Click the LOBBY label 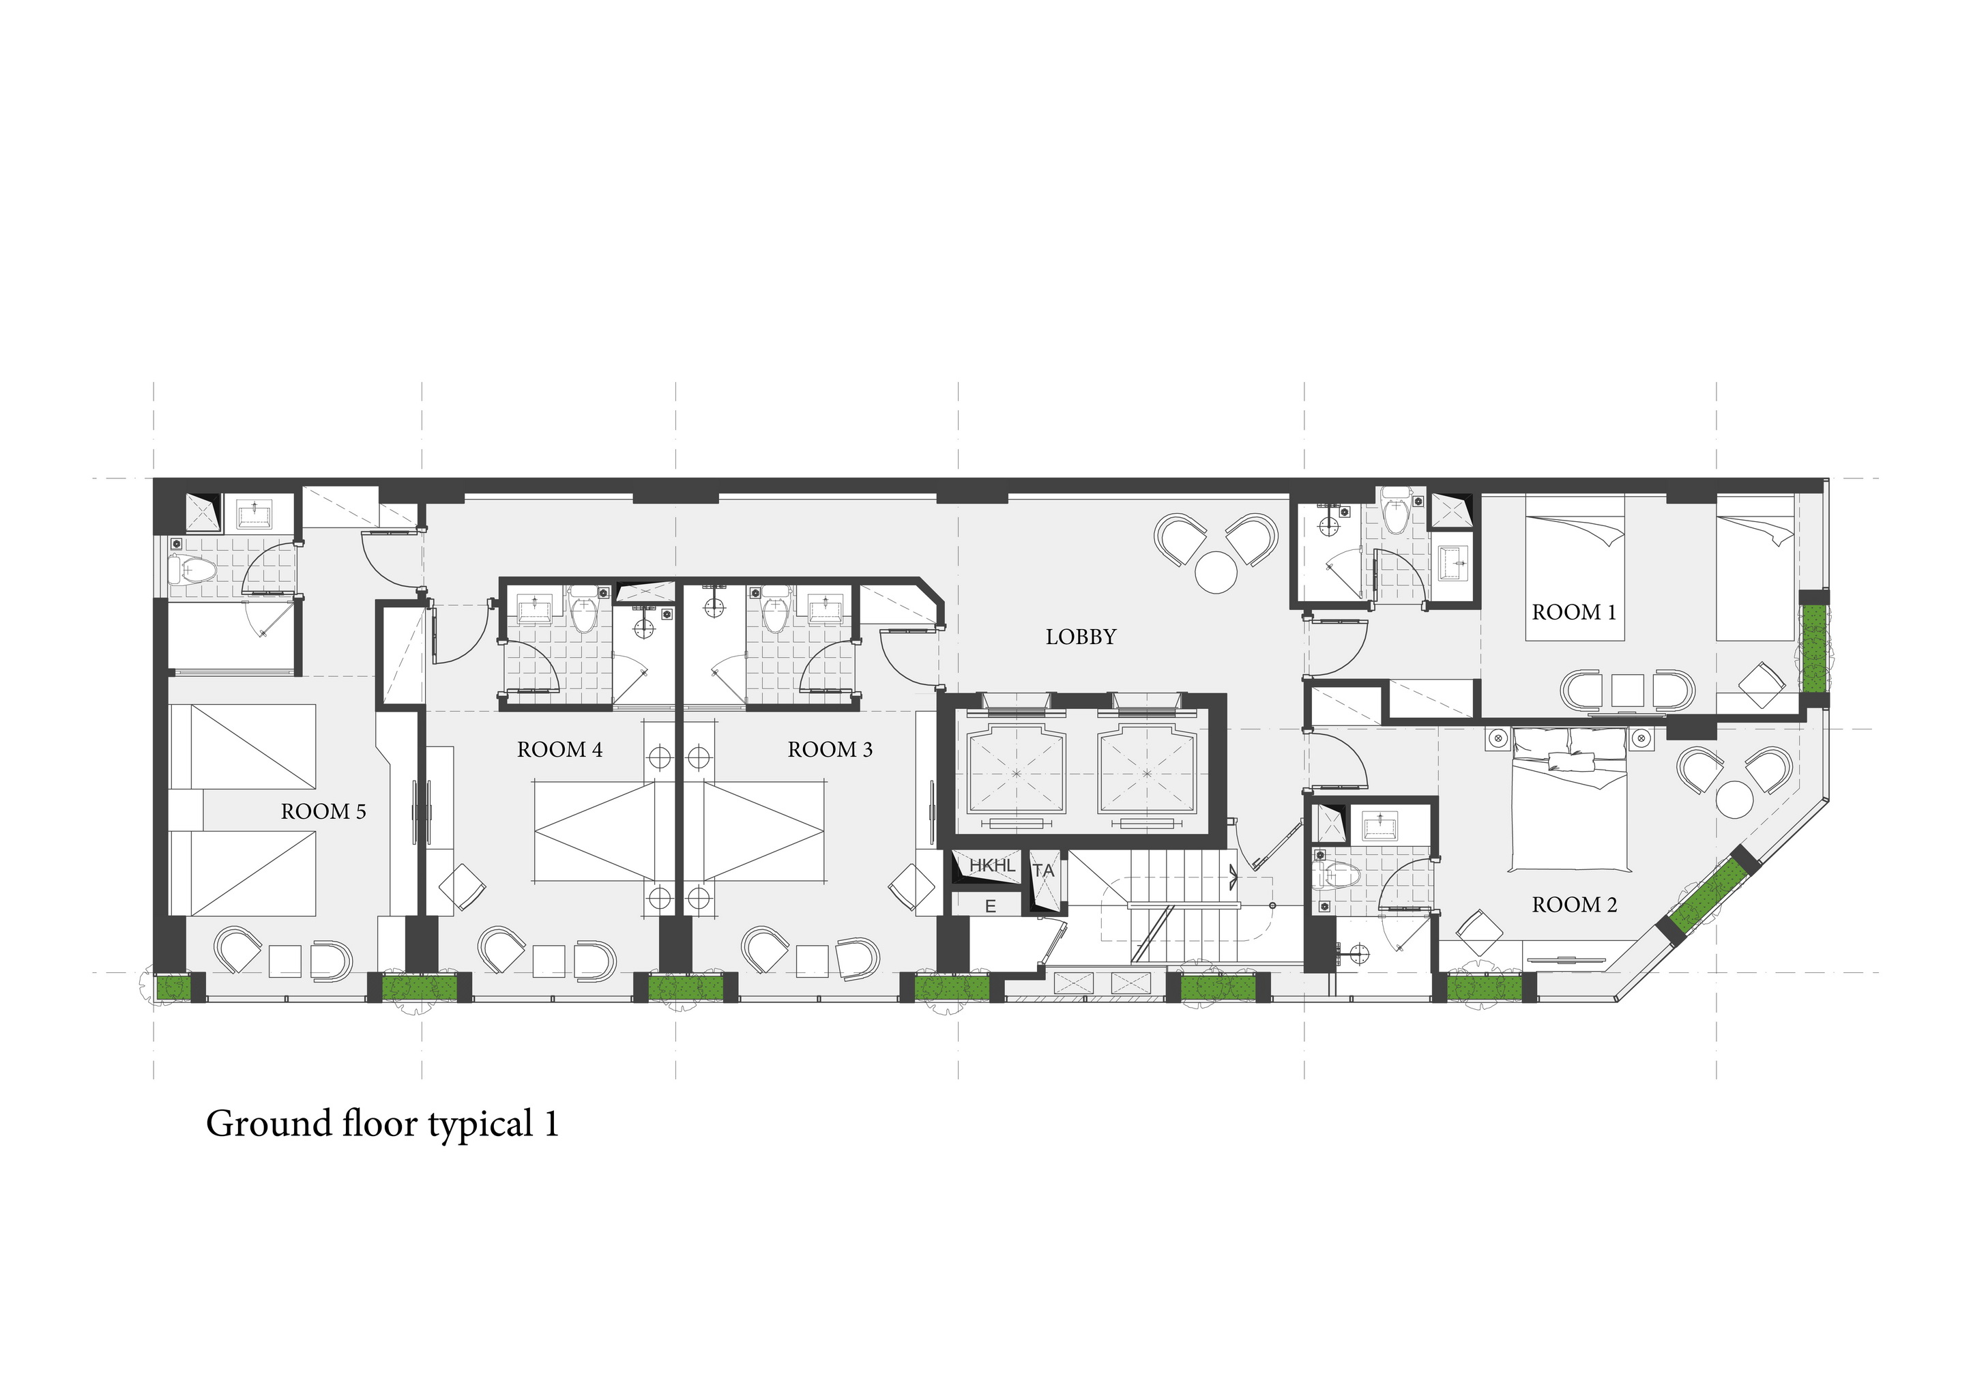[1080, 637]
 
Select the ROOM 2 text [1575, 905]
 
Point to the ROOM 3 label [830, 749]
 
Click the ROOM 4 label [559, 749]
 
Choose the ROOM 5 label [323, 811]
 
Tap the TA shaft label [1043, 871]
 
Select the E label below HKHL [990, 906]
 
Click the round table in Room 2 [1735, 800]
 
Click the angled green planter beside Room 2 [1706, 897]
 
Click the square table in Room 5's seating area [285, 961]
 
